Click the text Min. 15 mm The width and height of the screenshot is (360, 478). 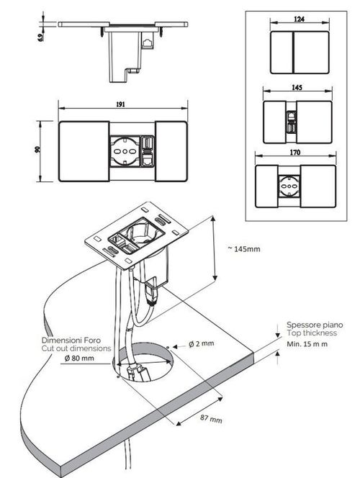(x=307, y=344)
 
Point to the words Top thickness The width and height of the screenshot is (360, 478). (x=310, y=333)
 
